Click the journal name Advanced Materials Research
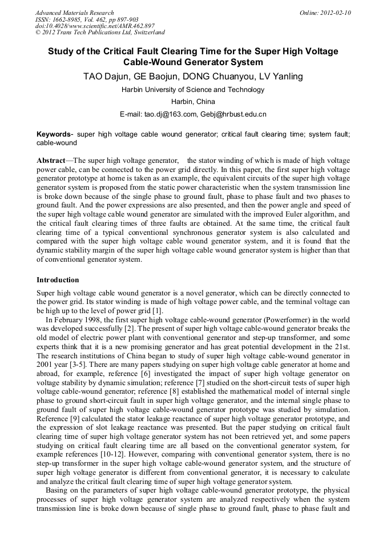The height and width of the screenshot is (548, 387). tap(75, 13)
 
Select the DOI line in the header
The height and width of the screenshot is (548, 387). tap(95, 26)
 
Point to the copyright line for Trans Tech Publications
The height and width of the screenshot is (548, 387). tap(100, 33)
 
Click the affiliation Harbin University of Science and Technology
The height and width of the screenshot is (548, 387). tap(193, 90)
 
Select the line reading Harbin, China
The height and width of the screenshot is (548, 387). tap(193, 102)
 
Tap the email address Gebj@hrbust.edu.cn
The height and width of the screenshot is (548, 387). tap(233, 114)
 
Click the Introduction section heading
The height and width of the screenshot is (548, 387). tap(58, 280)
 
